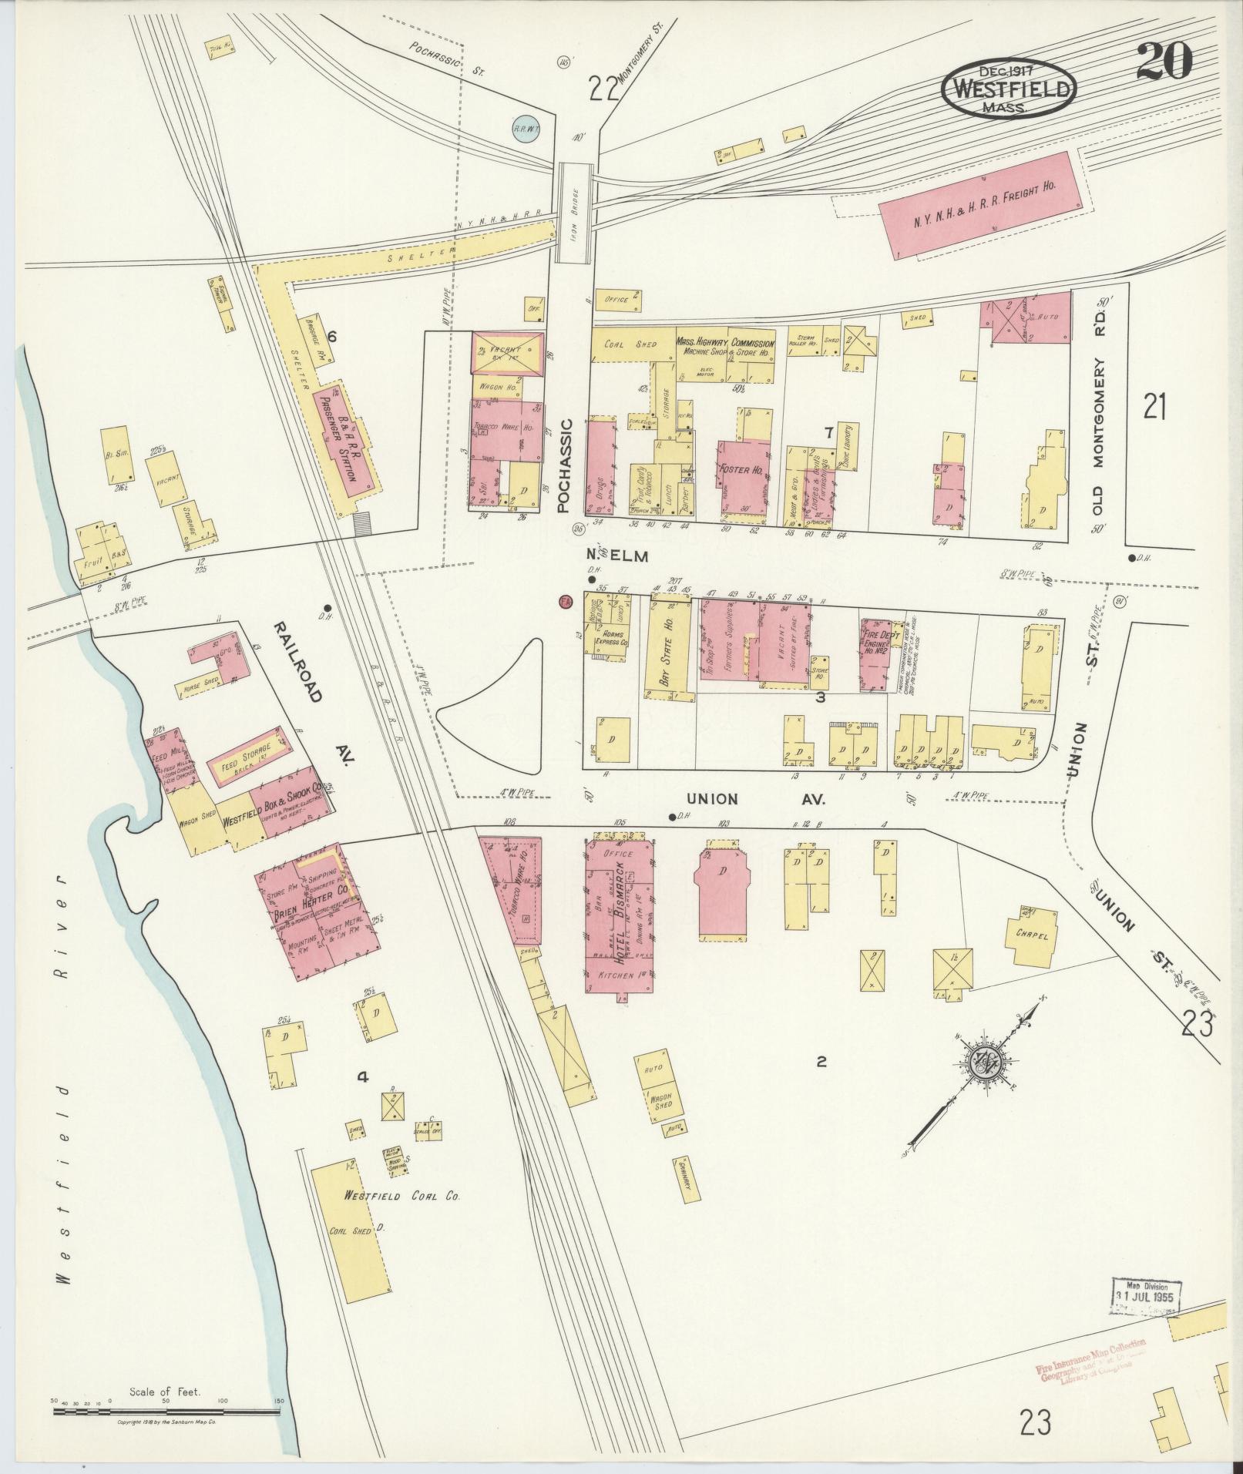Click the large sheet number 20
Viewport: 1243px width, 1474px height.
tap(1163, 61)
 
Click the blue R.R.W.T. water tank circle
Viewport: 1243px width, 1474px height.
tap(527, 129)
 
